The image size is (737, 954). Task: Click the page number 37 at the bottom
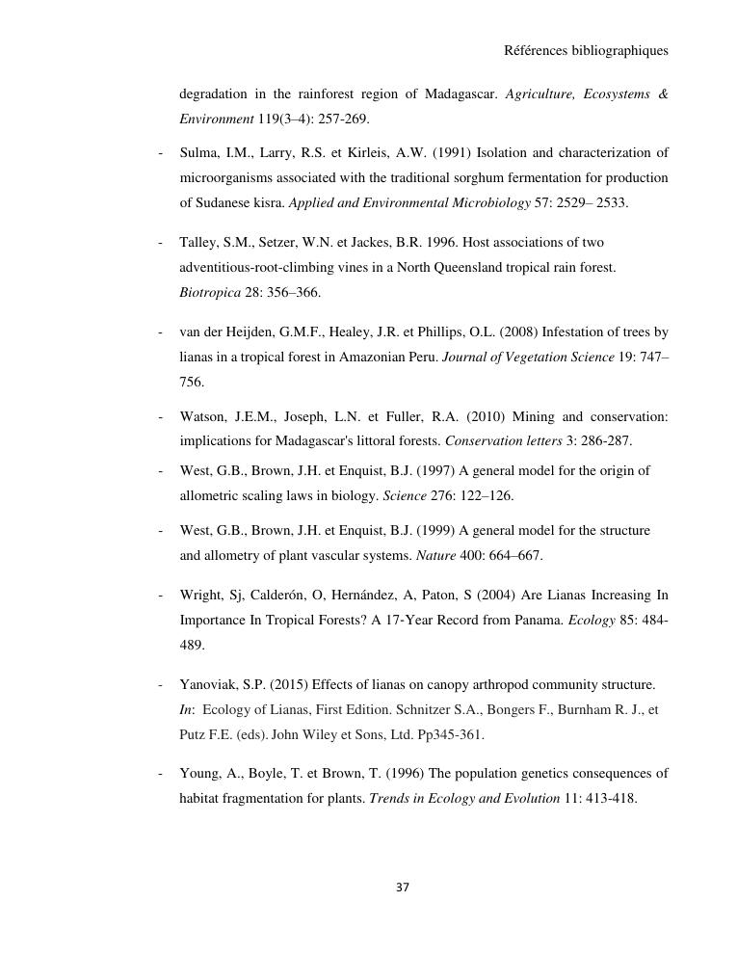pyautogui.click(x=403, y=888)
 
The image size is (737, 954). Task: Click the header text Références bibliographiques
pyautogui.click(x=586, y=50)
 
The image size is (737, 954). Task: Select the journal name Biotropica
pyautogui.click(x=210, y=292)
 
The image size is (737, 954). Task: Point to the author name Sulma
pyautogui.click(x=198, y=152)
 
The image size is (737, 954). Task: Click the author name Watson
pyautogui.click(x=204, y=416)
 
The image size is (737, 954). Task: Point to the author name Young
pyautogui.click(x=199, y=773)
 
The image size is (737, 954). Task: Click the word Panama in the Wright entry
pyautogui.click(x=538, y=620)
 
